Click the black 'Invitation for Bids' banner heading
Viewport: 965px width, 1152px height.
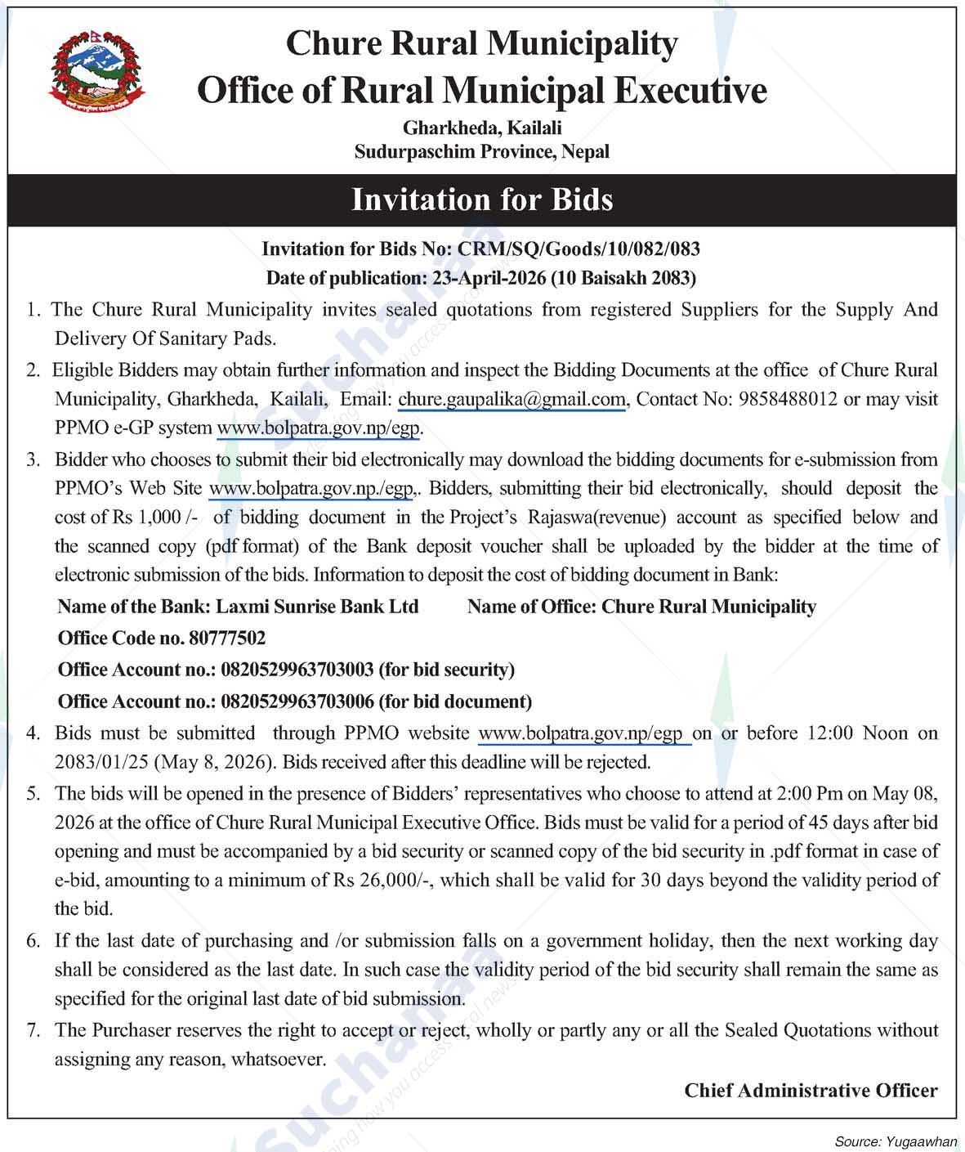coord(482,199)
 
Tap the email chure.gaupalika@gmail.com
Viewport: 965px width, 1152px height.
coord(512,400)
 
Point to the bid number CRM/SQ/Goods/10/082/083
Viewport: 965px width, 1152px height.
coord(579,249)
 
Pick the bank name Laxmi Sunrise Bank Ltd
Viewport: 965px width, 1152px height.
coord(317,607)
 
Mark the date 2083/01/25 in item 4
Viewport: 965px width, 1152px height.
coord(101,762)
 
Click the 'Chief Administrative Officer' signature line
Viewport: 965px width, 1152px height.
coord(811,1091)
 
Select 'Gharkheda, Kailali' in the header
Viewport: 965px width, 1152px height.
coord(482,128)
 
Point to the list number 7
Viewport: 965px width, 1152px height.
coord(33,1030)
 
